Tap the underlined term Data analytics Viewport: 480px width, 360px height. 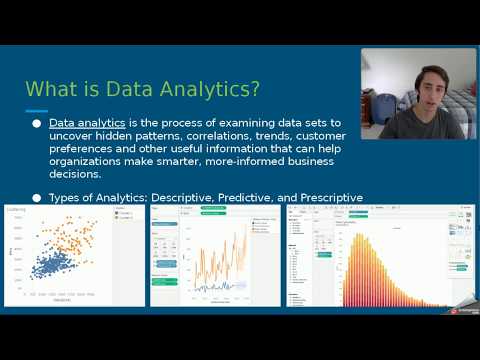84,123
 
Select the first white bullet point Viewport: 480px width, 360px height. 37,123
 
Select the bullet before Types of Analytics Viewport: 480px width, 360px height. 37,198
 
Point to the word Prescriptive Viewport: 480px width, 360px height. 327,198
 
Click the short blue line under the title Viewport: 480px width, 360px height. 36,110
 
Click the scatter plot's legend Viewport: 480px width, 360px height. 125,215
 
